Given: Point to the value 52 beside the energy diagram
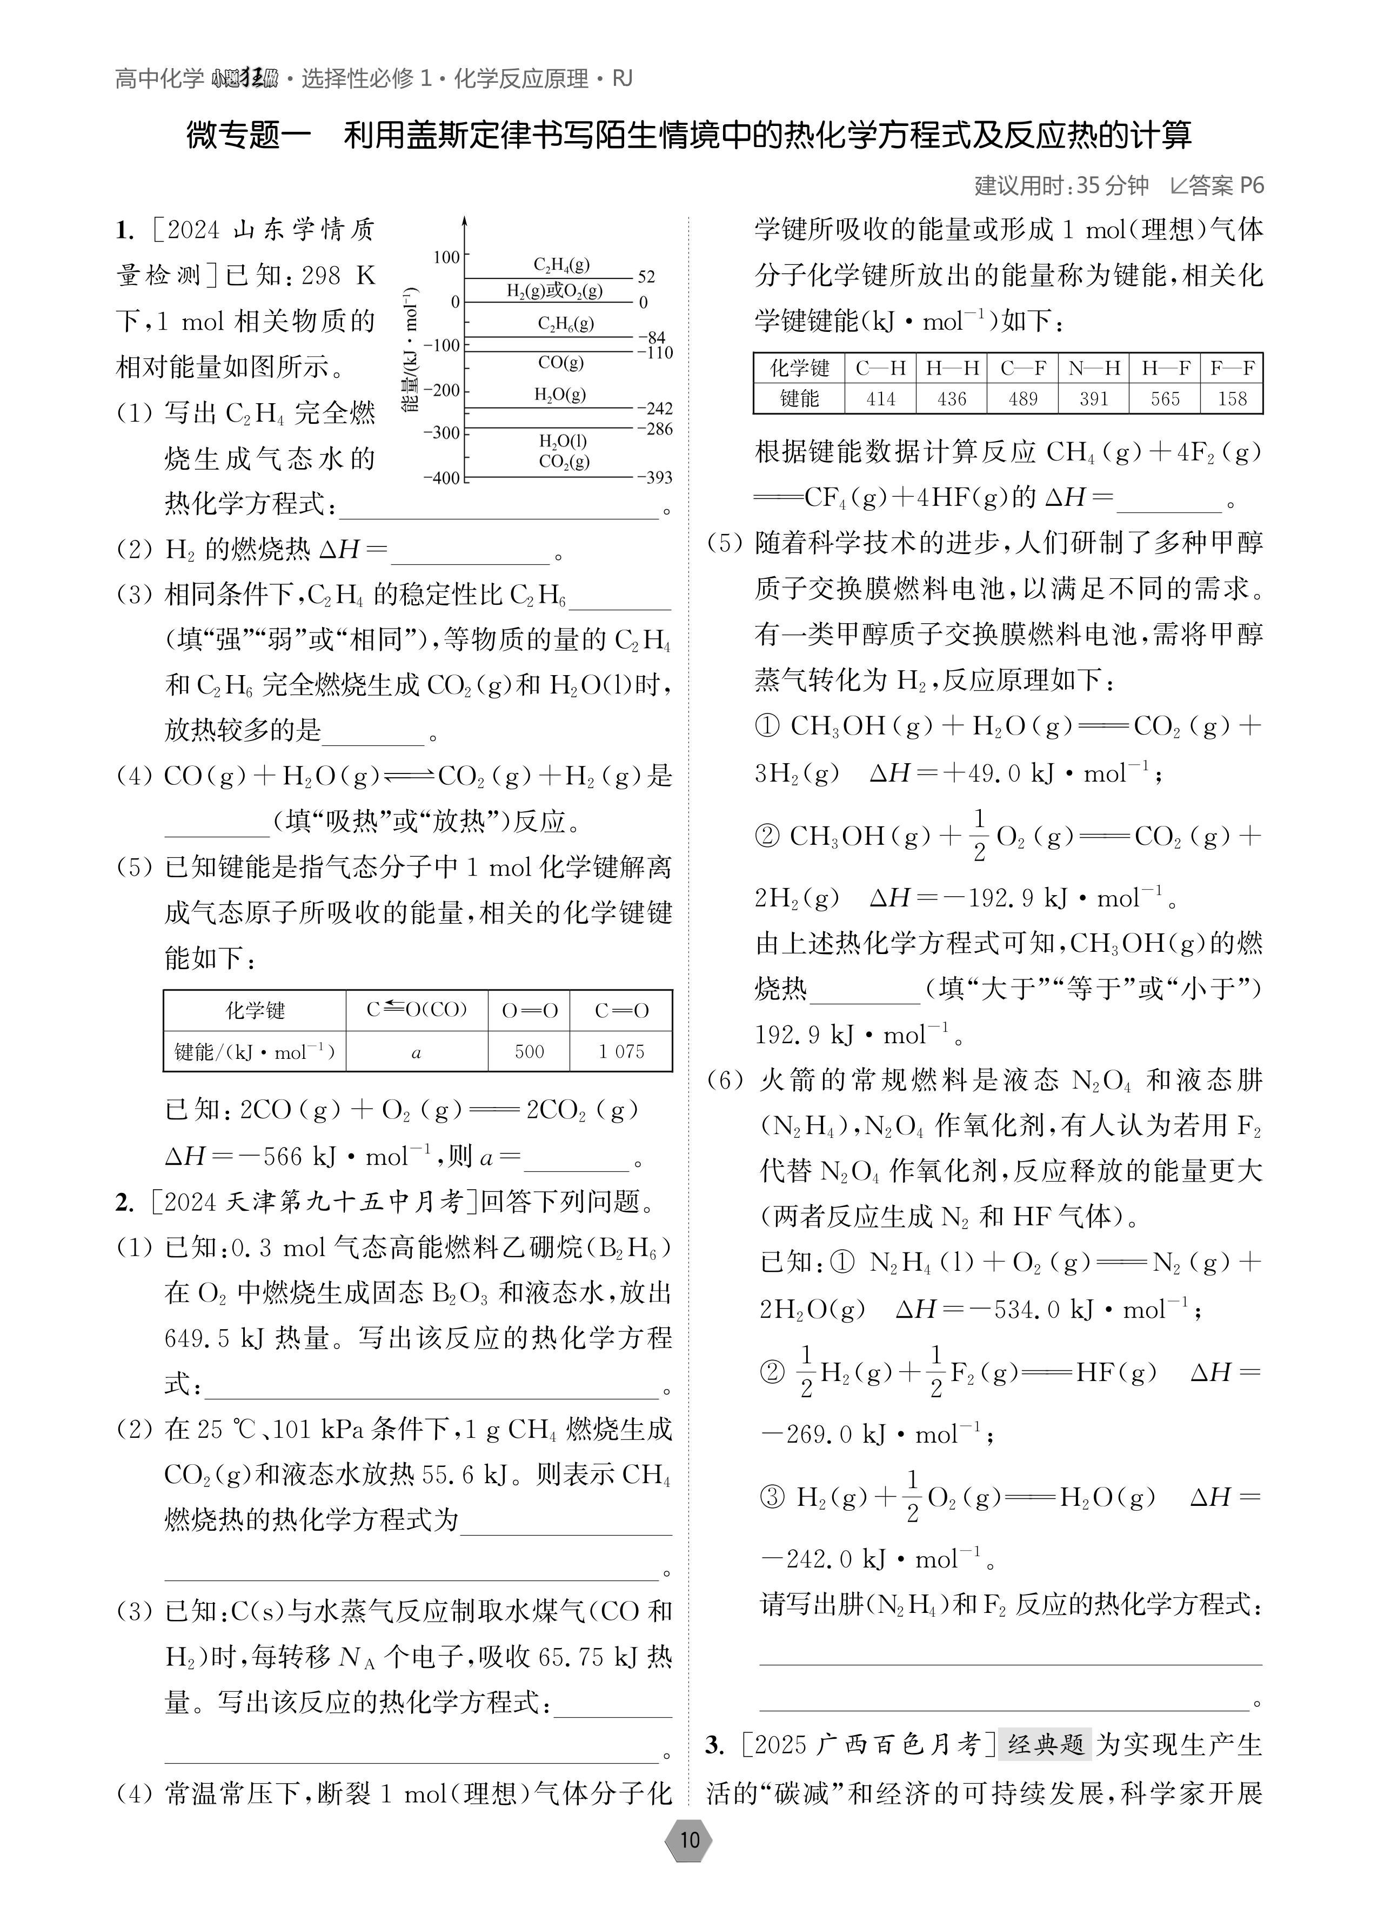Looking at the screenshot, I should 646,277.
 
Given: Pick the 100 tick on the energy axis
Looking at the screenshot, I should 446,257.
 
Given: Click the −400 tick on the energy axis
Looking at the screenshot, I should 442,478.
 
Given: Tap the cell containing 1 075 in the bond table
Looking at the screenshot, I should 621,1052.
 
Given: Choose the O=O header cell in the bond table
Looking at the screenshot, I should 530,1010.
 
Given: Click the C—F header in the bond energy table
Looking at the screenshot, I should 1022,369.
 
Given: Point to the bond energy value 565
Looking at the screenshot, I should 1165,399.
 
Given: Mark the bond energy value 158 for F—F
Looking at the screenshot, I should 1232,399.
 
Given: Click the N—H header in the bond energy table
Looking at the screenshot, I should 1093,369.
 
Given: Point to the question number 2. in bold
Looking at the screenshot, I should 124,1202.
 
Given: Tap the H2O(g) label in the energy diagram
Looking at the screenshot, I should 560,395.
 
